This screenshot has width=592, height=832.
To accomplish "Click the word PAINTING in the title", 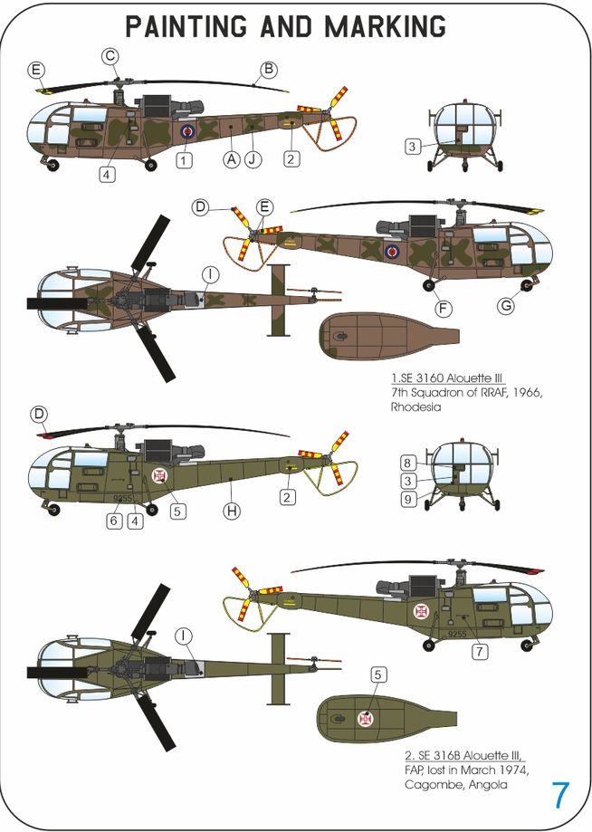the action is (186, 26).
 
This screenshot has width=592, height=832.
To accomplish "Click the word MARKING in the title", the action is (385, 26).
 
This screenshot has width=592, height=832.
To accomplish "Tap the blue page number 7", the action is (560, 795).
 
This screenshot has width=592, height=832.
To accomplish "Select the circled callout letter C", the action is (110, 56).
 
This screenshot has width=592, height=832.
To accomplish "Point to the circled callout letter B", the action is (269, 69).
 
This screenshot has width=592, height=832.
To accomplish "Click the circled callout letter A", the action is (232, 158).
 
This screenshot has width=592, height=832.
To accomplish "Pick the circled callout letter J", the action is (253, 158).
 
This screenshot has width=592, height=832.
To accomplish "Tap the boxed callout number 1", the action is (184, 159).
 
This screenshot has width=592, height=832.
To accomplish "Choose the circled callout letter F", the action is (443, 309).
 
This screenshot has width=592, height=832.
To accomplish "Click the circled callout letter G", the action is (507, 306).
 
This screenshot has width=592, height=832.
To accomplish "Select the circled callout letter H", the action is (232, 511).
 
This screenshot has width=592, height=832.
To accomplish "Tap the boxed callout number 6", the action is (113, 521).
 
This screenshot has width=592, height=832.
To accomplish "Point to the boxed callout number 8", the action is (407, 463).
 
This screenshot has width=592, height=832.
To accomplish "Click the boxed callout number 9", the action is (407, 499).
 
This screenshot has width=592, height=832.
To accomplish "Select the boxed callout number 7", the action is (480, 651).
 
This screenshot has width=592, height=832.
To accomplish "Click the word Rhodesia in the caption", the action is (415, 407).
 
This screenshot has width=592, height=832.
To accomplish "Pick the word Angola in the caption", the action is (488, 784).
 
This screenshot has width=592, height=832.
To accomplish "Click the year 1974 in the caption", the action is (514, 770).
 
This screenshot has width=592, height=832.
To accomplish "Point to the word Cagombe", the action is (434, 784).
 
